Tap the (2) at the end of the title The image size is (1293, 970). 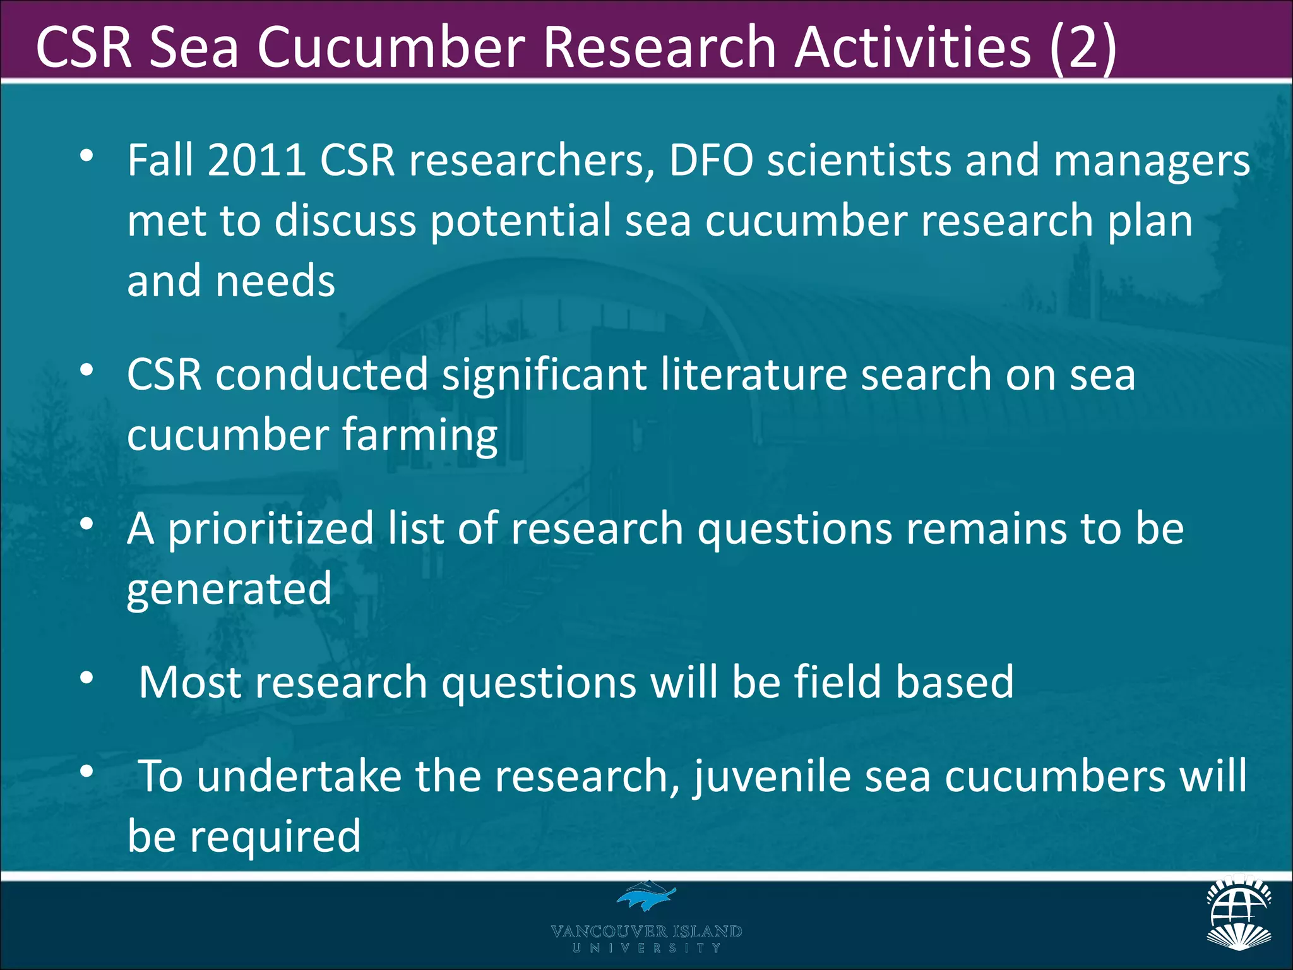[1082, 48]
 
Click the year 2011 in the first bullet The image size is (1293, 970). [256, 160]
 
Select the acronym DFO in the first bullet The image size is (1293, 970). [710, 160]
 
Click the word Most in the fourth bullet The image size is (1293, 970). [189, 682]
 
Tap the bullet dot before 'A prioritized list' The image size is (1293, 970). [87, 524]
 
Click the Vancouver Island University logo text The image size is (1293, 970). [646, 937]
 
